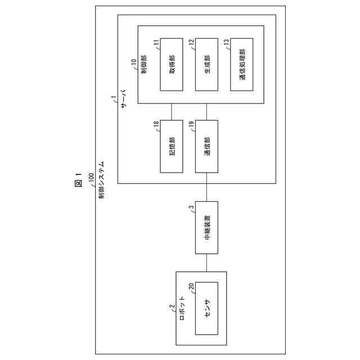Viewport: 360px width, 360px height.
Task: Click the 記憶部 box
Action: [x=172, y=147]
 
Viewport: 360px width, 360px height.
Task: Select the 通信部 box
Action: [x=206, y=147]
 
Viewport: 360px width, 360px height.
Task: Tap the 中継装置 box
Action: [x=206, y=229]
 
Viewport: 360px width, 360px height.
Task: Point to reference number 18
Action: [x=157, y=124]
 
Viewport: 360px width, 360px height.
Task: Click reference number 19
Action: [x=192, y=124]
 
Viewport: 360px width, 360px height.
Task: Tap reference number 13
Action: [x=226, y=42]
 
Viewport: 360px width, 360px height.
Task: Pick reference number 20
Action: [x=192, y=286]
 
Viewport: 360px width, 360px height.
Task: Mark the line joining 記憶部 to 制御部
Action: [x=172, y=112]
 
